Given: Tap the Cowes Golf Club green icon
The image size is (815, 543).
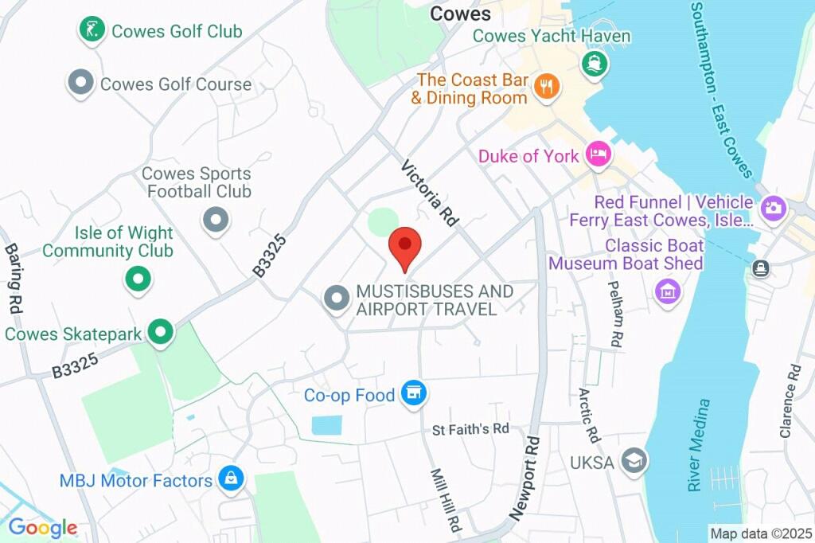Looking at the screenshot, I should pos(92,30).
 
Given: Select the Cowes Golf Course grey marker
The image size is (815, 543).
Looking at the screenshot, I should pos(80,83).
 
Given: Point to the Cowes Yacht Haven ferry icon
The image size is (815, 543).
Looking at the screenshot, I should pos(592,63).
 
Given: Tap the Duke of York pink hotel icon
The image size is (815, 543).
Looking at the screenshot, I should pos(599,154).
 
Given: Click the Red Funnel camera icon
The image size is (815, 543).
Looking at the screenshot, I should pos(772,209).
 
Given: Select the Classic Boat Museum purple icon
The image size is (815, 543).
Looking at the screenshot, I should pos(668,291).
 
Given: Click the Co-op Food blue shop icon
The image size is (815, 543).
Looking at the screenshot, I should pos(413,393).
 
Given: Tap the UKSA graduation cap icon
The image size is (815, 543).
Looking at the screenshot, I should pos(634,460).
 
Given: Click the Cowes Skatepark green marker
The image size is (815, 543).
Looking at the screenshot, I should pos(162,333).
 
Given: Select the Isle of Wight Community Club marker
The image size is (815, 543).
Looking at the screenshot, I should pos(138,279).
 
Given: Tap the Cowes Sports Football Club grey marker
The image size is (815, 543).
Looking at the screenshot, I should pos(215,219).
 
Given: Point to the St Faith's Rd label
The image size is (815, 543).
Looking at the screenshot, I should pos(470,429).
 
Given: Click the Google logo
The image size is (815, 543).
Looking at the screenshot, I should pos(42,527).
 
